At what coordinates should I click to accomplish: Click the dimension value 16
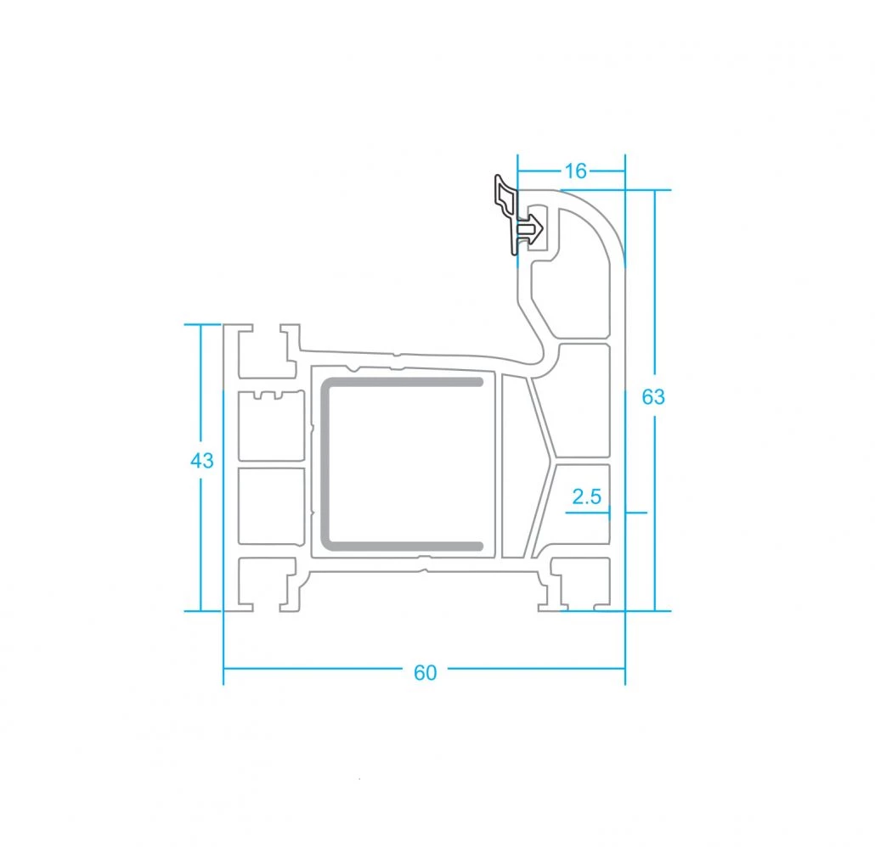coord(575,171)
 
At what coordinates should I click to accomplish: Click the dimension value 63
coord(653,397)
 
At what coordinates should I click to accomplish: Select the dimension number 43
coord(201,461)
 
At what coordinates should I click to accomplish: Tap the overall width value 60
coord(425,672)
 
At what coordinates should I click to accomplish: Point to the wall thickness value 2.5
coord(586,496)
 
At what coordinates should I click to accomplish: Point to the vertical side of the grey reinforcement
coord(325,463)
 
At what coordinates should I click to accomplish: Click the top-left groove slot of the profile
coord(267,351)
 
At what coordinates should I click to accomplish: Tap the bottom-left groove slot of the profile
coord(267,583)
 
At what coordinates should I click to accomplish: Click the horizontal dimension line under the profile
coord(424,667)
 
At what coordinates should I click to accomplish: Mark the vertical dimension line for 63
coord(655,400)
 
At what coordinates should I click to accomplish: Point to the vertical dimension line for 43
coord(200,468)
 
